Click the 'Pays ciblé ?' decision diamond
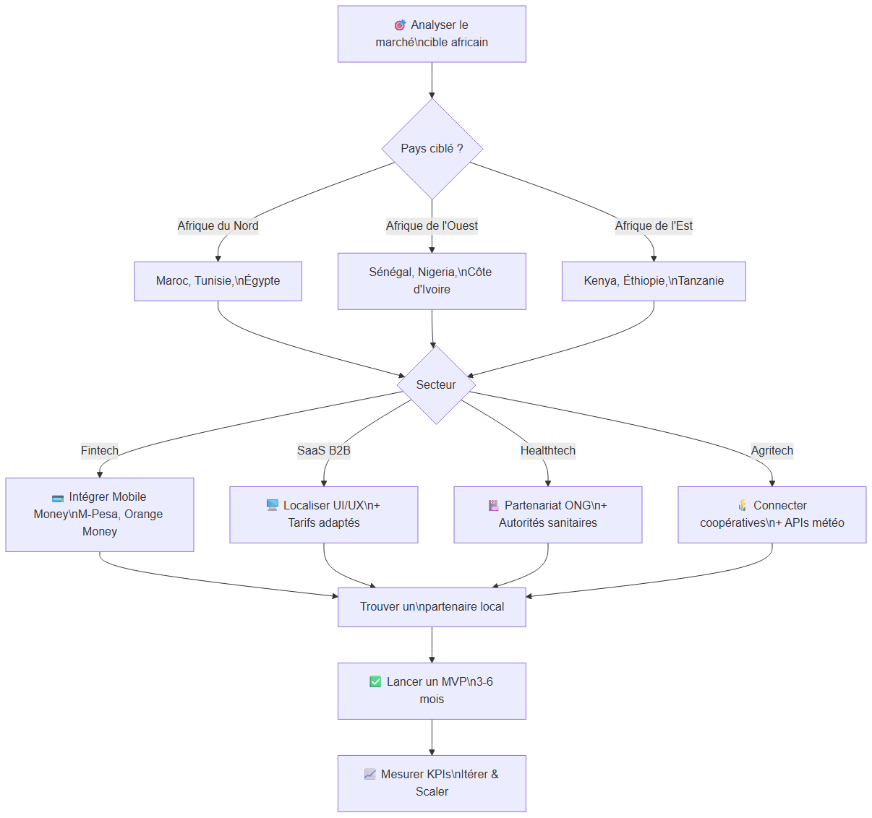tap(432, 149)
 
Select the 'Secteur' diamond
tap(436, 384)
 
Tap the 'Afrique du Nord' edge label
tap(218, 225)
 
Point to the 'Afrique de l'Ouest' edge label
tap(432, 225)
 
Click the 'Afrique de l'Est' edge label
tap(654, 225)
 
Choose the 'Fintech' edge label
tap(100, 450)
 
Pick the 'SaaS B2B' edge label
tap(324, 450)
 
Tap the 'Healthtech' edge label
tap(547, 450)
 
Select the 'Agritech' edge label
tap(772, 450)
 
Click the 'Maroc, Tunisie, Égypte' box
tap(218, 281)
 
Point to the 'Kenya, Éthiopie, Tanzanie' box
tap(654, 281)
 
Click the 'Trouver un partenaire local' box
tap(432, 607)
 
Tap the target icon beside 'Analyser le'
tap(400, 25)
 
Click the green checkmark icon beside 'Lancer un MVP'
tap(375, 681)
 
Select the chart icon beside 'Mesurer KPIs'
tap(369, 774)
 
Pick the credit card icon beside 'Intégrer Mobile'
tap(58, 498)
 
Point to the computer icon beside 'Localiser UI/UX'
tap(272, 505)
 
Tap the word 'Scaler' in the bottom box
tap(432, 791)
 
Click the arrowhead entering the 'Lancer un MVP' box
tap(432, 660)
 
